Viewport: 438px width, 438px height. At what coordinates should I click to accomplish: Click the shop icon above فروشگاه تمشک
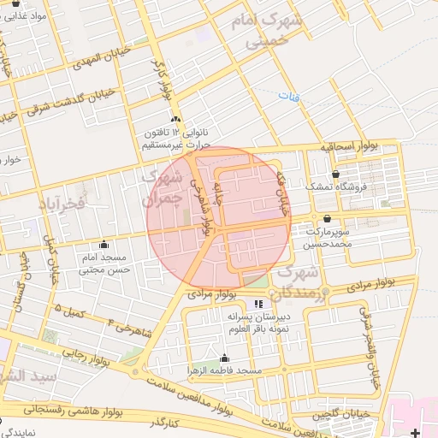(x=345, y=174)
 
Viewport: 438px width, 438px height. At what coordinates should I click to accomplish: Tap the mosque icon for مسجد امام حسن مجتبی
(x=104, y=244)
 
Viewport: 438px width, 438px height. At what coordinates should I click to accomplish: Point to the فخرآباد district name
(x=62, y=204)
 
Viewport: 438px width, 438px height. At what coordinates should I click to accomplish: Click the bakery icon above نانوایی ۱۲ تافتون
(x=176, y=119)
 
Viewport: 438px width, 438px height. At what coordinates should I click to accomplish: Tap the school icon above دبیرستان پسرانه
(x=258, y=304)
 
